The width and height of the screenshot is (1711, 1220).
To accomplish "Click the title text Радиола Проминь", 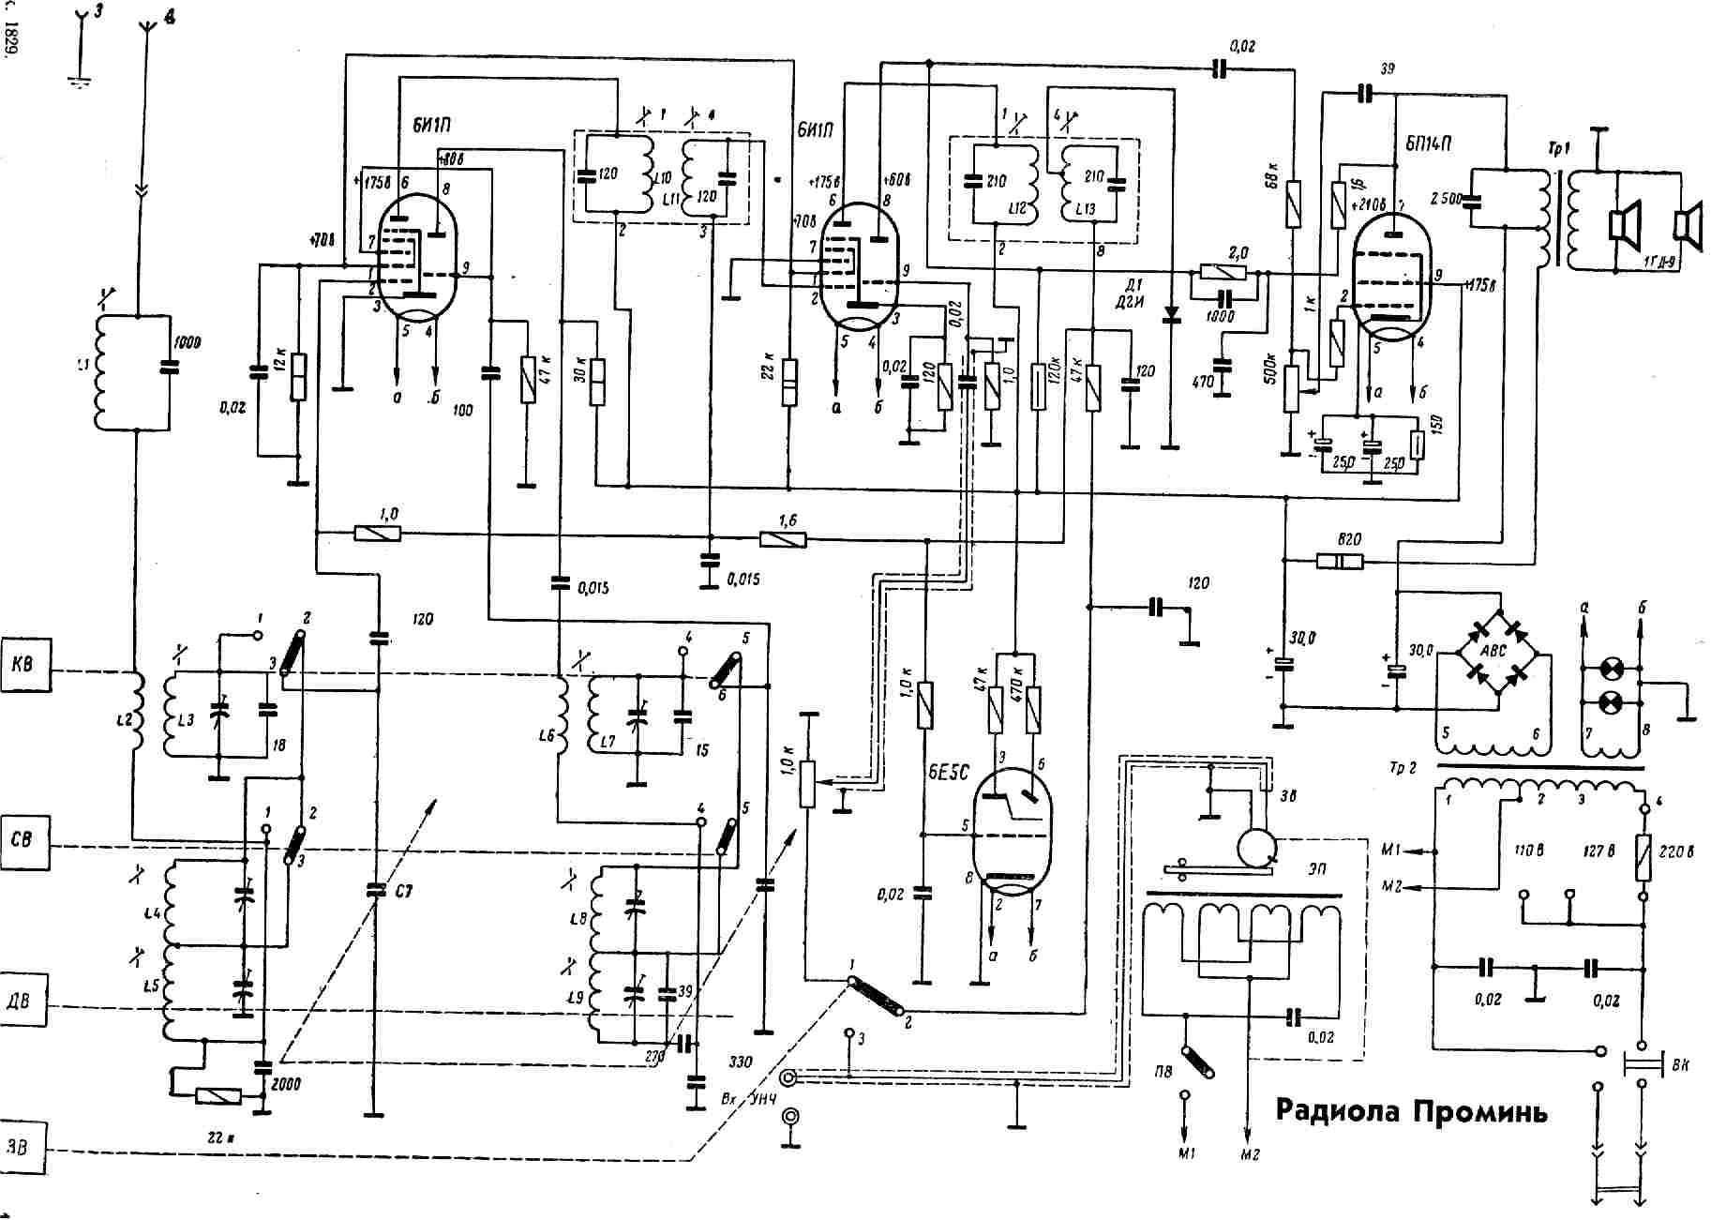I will point(1411,1111).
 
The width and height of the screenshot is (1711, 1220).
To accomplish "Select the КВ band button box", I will point(23,664).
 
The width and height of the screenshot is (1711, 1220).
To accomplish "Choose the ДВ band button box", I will point(23,1001).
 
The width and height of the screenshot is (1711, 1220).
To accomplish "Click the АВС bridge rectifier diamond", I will point(1493,649).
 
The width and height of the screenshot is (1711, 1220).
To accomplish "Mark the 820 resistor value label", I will point(1350,539).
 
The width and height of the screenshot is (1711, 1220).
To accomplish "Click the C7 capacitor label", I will point(403,891).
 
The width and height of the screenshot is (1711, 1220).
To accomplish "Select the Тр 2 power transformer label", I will point(1403,768).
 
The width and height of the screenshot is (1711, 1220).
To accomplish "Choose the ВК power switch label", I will point(1681,1066).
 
